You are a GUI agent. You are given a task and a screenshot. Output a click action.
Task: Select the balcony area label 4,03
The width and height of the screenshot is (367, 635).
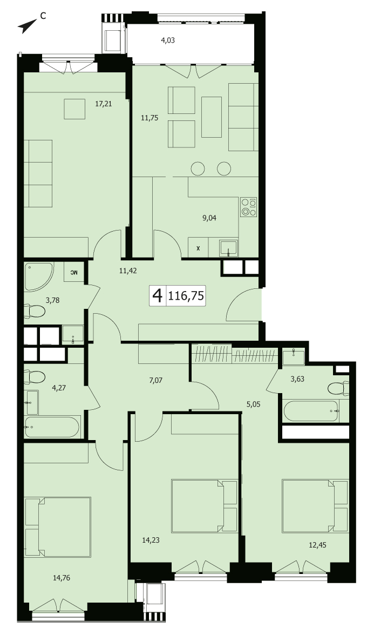point(168,40)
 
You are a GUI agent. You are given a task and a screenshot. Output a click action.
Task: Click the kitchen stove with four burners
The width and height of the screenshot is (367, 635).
point(248,206)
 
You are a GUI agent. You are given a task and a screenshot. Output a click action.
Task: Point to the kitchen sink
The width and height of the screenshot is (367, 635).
point(229,248)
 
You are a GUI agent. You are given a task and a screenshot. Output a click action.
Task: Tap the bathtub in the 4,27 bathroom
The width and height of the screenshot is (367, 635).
point(52,427)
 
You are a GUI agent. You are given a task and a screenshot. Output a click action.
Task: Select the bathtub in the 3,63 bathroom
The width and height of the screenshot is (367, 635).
point(311,411)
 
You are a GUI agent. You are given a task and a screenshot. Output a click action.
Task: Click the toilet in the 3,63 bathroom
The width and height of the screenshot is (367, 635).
point(339,388)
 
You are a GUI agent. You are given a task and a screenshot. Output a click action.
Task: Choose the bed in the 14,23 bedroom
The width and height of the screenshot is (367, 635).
point(205,506)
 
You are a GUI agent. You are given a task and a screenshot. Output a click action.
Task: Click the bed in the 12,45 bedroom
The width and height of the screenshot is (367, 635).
point(315,506)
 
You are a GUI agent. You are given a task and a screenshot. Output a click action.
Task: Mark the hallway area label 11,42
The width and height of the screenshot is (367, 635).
point(128,271)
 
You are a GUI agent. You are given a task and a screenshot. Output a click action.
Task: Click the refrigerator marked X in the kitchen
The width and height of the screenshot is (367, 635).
point(198,247)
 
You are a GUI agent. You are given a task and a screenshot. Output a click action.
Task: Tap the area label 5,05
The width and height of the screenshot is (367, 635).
point(253,403)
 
